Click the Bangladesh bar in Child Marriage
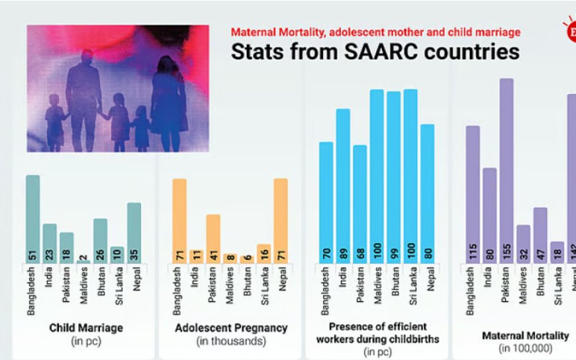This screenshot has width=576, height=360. click(x=32, y=218)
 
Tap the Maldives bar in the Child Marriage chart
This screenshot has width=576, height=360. click(x=83, y=262)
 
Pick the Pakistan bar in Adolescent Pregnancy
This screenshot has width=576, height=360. click(x=213, y=239)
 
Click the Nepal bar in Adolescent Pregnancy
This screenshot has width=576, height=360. click(x=281, y=221)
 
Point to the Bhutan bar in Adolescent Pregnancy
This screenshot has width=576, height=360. click(x=247, y=259)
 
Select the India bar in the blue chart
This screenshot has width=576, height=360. click(x=343, y=186)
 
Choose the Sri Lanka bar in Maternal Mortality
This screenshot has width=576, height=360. click(x=557, y=253)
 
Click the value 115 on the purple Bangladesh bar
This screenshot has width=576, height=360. click(x=473, y=250)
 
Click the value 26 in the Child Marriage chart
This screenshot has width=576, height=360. click(x=100, y=254)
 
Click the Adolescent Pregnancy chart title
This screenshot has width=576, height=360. click(x=231, y=328)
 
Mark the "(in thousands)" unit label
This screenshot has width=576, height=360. click(x=231, y=341)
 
